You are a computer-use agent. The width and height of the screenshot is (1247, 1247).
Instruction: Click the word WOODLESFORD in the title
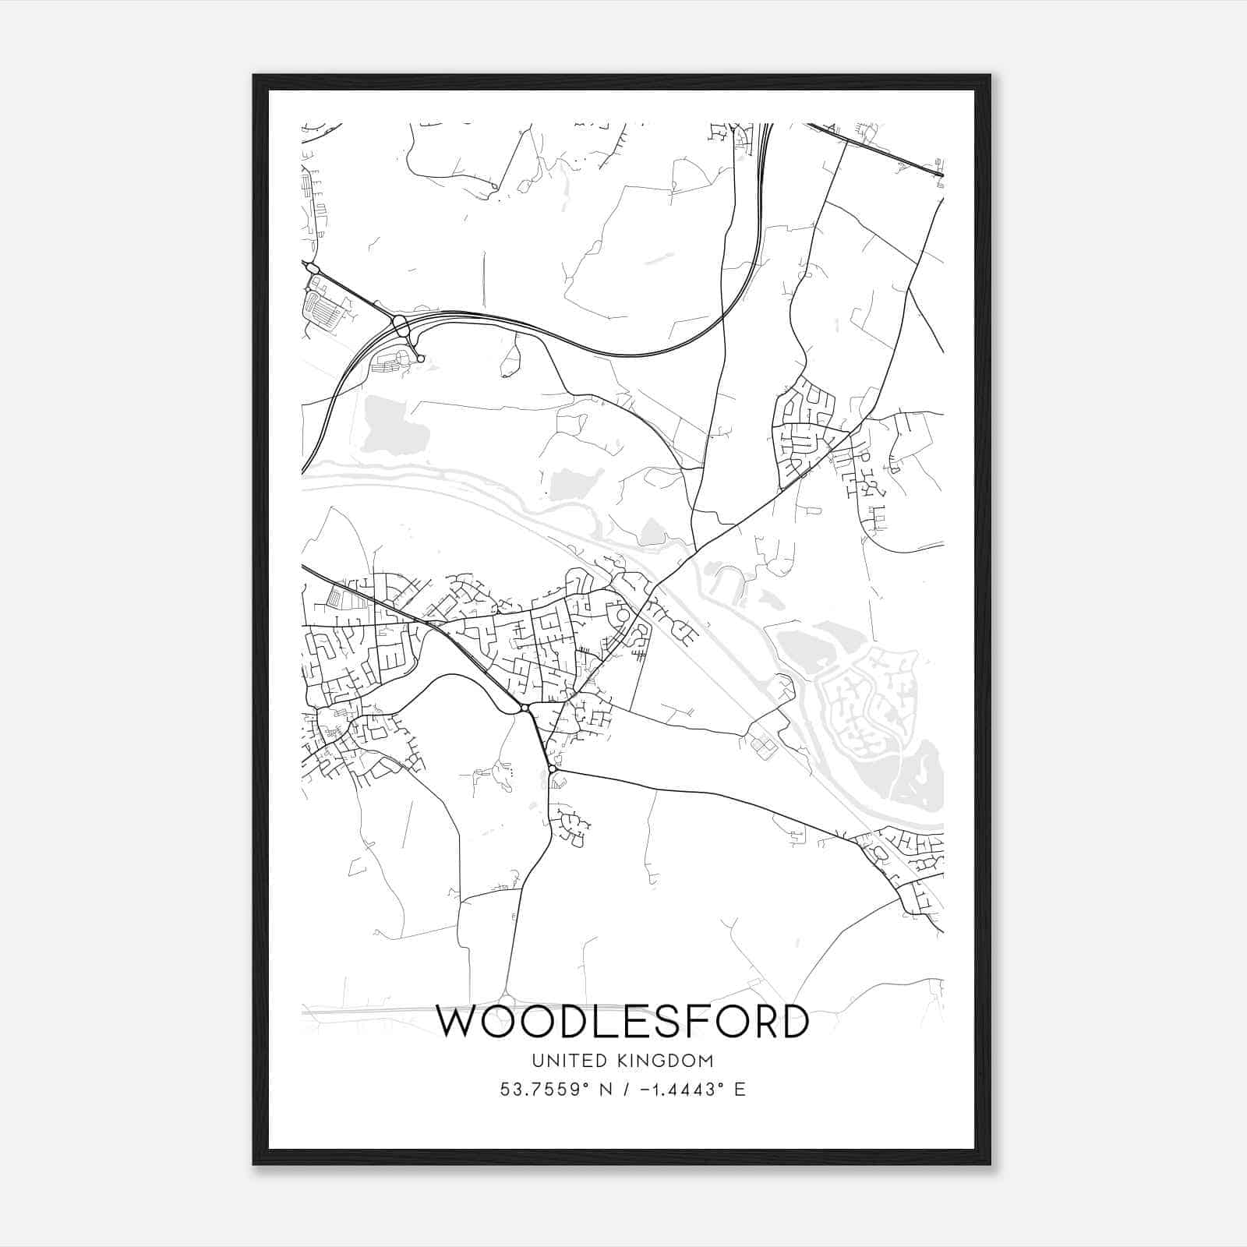coord(622,1022)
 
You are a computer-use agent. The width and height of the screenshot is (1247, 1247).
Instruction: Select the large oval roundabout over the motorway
coord(401,325)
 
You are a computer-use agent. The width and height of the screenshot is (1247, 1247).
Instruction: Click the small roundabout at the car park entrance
coord(421,359)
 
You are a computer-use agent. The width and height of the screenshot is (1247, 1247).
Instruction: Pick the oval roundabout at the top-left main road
coord(313,268)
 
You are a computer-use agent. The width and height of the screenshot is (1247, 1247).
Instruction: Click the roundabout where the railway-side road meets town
coord(525,708)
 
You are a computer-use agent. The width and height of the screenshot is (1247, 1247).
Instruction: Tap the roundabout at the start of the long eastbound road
coord(553,770)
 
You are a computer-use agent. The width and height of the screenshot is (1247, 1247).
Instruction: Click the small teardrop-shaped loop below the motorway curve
coord(510,360)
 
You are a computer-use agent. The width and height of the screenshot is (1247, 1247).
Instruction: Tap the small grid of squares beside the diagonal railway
coord(762,747)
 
